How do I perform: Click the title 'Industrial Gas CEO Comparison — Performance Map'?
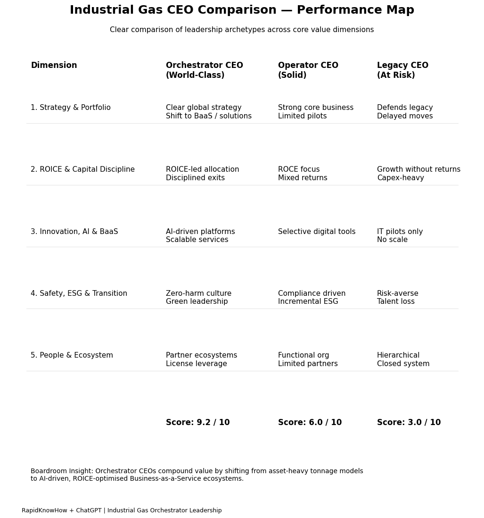tap(242, 10)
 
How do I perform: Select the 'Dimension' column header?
tap(54, 66)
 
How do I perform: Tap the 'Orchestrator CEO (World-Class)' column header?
tap(204, 70)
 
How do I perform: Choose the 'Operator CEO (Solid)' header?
tap(308, 70)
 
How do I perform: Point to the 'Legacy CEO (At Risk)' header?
tap(402, 70)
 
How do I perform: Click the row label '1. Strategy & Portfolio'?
tap(71, 108)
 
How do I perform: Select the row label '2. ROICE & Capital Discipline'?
tap(82, 170)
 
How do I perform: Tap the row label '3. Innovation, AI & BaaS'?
tap(74, 232)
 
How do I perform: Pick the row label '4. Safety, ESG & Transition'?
tap(79, 293)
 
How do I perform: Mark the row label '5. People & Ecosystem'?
tap(72, 356)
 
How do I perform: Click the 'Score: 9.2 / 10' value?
tap(197, 423)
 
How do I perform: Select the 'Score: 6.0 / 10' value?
tap(310, 423)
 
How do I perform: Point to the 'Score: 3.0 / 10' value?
tap(409, 423)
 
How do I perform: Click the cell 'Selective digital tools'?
tap(317, 232)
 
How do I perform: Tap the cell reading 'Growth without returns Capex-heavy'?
tap(418, 174)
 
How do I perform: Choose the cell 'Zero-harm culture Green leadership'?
tap(198, 298)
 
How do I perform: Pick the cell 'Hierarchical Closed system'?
tap(403, 359)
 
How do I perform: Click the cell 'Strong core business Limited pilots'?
tap(315, 112)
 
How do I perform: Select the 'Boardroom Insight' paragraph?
tap(197, 475)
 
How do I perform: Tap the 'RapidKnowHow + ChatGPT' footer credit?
tap(122, 510)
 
